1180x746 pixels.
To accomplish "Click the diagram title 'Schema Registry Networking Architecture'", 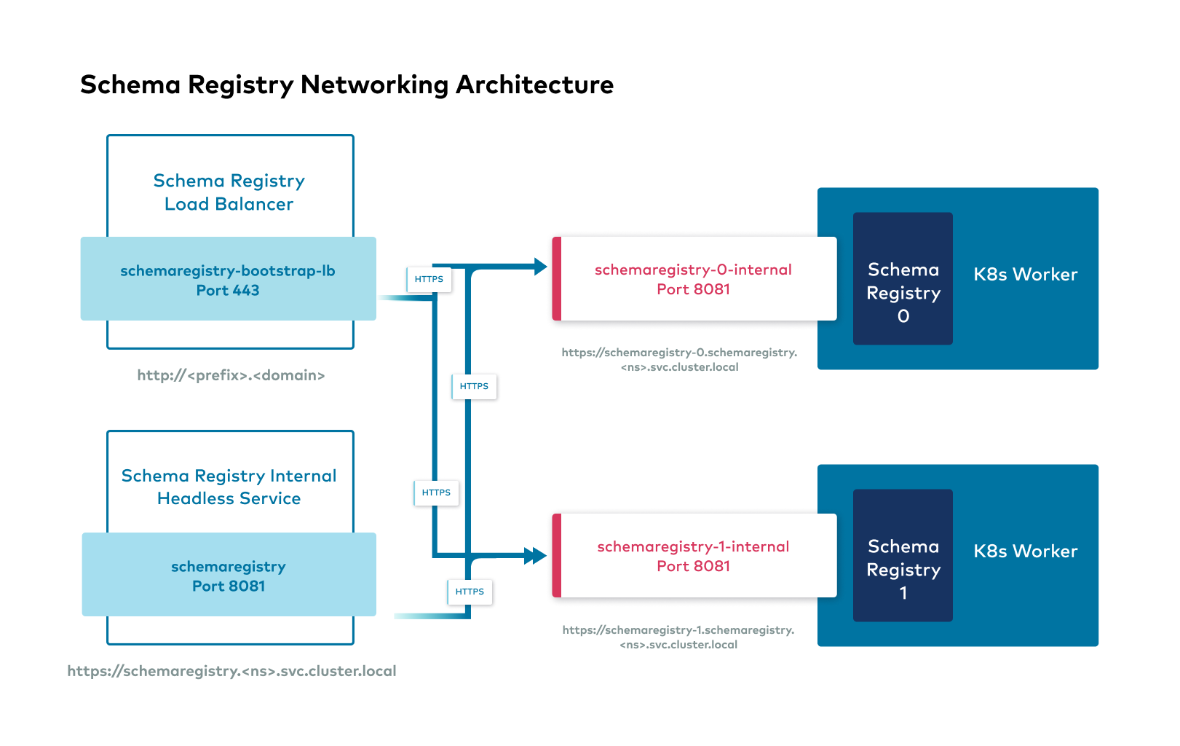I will pyautogui.click(x=347, y=85).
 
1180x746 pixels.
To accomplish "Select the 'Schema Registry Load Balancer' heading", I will pyautogui.click(x=229, y=192).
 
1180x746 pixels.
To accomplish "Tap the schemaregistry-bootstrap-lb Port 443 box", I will pyautogui.click(x=228, y=280).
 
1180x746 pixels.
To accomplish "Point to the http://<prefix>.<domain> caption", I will pyautogui.click(x=231, y=375).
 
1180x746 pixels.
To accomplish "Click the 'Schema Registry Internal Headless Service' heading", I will pyautogui.click(x=229, y=487).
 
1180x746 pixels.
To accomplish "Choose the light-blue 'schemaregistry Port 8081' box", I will pyautogui.click(x=229, y=576).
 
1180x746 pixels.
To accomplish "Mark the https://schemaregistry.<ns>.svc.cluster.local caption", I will pyautogui.click(x=231, y=671).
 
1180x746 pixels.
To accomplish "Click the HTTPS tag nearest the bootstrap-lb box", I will pyautogui.click(x=429, y=279).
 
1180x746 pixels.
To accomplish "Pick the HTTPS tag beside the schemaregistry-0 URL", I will pyautogui.click(x=474, y=386).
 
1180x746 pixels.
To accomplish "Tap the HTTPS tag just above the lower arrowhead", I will pyautogui.click(x=436, y=492).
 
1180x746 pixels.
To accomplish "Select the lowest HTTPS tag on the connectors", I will pyautogui.click(x=470, y=592).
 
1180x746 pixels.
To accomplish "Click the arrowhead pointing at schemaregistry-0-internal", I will pyautogui.click(x=540, y=267).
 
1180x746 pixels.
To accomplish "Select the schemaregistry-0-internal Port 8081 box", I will pyautogui.click(x=694, y=279).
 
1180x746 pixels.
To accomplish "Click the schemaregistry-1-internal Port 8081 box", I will pyautogui.click(x=694, y=556).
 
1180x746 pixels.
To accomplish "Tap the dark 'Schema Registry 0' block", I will pyautogui.click(x=903, y=278).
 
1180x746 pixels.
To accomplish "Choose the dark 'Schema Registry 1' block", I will pyautogui.click(x=903, y=555).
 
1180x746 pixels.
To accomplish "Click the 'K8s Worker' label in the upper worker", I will pyautogui.click(x=1025, y=275).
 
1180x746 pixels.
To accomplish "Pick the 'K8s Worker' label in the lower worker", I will pyautogui.click(x=1025, y=551).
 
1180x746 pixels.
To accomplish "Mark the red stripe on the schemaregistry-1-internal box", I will pyautogui.click(x=557, y=556).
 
